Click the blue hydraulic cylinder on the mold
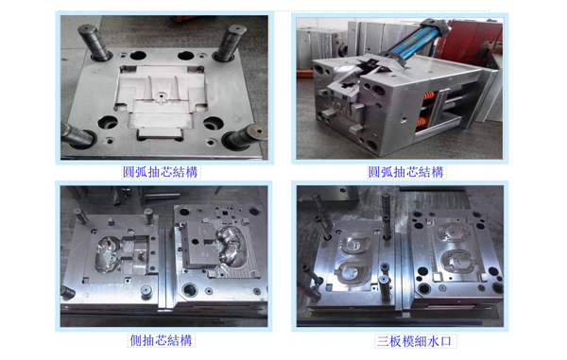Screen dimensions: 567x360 click(x=416, y=43)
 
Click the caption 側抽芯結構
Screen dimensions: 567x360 click(x=161, y=340)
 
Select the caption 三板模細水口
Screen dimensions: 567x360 click(x=415, y=341)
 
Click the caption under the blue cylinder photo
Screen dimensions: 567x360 click(x=405, y=172)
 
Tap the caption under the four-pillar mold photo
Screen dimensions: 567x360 click(x=161, y=172)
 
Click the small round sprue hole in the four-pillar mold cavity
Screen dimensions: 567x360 click(x=160, y=96)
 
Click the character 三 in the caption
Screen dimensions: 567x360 click(x=383, y=341)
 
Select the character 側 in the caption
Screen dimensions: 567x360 click(x=136, y=340)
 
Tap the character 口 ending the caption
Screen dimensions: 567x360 click(x=446, y=341)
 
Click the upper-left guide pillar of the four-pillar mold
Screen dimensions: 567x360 click(x=94, y=42)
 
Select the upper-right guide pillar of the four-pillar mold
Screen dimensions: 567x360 click(x=230, y=43)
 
